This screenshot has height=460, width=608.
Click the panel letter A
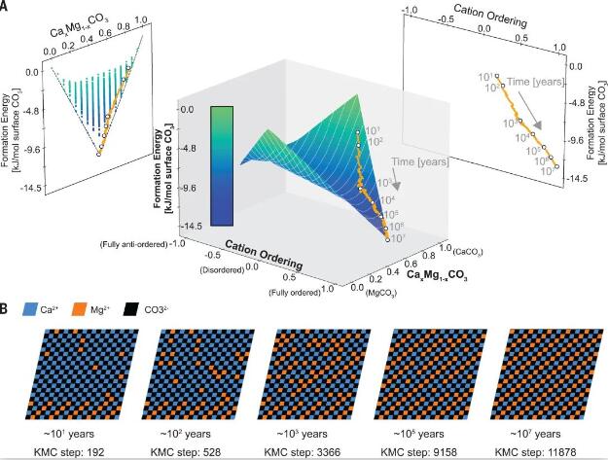(7, 7)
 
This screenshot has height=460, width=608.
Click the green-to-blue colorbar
(221, 165)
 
